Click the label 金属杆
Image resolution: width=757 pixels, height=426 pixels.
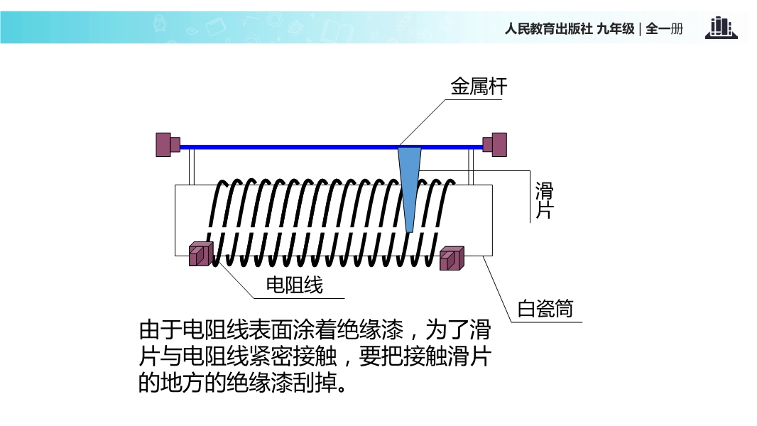(479, 87)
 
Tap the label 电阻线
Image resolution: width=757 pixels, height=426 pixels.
(294, 285)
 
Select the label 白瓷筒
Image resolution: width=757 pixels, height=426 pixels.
(545, 310)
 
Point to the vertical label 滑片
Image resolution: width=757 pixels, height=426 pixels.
(543, 201)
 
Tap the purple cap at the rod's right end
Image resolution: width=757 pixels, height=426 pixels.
(495, 143)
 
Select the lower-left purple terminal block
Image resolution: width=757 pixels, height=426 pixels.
(200, 253)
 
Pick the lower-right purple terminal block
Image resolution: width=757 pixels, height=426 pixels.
(451, 258)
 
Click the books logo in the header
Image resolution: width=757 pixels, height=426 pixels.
(721, 28)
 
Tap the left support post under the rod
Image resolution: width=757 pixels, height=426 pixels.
(191, 167)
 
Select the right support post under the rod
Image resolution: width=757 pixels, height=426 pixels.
(470, 167)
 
